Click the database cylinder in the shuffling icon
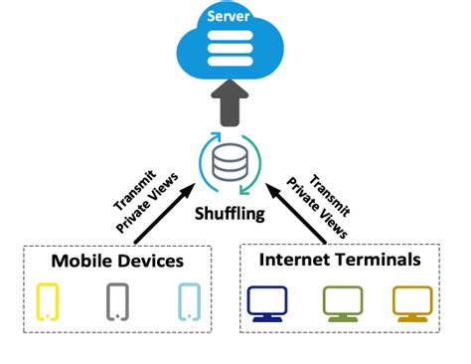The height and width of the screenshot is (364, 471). [x=233, y=160]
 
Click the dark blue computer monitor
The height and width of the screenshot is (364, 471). [x=267, y=302]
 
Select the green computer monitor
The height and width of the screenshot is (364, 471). [x=342, y=302]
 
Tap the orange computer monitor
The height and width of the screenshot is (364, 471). [x=411, y=302]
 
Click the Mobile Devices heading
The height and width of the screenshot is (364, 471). [x=118, y=263]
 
